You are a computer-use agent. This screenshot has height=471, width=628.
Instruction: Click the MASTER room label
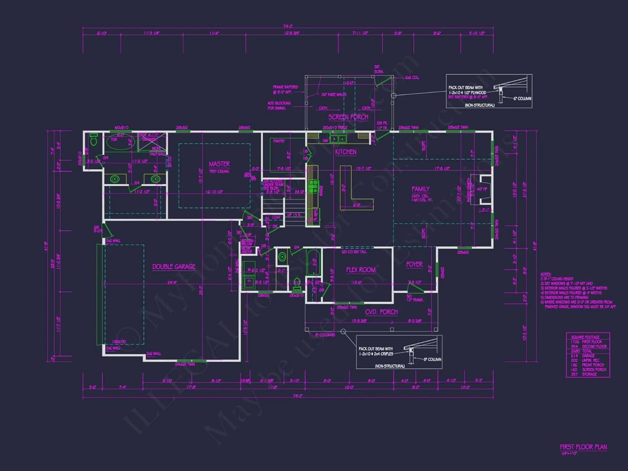pos(219,164)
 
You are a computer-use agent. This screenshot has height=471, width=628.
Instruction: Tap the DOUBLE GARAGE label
pos(174,267)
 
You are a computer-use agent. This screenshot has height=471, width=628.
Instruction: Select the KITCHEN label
pos(345,152)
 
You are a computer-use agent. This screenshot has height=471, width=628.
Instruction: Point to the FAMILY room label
pos(420,189)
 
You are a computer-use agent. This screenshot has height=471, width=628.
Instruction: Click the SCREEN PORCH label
pos(348,117)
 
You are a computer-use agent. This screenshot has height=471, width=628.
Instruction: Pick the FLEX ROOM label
pos(360,270)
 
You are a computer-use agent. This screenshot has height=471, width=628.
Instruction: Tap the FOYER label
pos(414,265)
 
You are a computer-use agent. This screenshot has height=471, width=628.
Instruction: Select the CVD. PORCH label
pos(381,312)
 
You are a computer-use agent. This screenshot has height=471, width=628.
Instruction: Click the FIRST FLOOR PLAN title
pos(583,447)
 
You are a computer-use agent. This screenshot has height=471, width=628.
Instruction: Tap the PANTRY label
pos(279,141)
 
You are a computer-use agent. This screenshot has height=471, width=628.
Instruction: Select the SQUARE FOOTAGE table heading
pos(585,337)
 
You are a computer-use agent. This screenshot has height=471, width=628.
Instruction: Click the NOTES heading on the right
pos(546,274)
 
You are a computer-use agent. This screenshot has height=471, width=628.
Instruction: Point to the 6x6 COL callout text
pos(412,78)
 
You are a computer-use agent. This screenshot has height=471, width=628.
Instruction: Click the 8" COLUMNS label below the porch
pos(325,335)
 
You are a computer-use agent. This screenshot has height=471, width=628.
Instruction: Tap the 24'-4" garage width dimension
pos(172,283)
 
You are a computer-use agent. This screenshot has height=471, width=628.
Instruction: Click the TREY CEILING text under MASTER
pos(219,171)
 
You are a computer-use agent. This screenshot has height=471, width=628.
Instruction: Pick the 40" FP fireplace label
pos(482,189)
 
